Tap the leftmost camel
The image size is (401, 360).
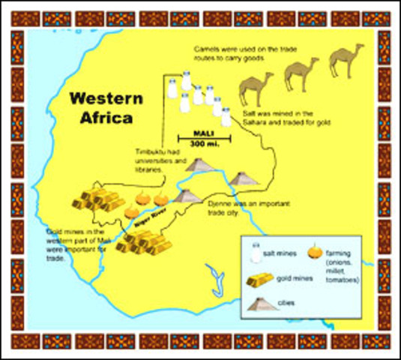click(x=255, y=88)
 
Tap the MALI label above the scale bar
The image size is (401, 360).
click(x=204, y=130)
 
